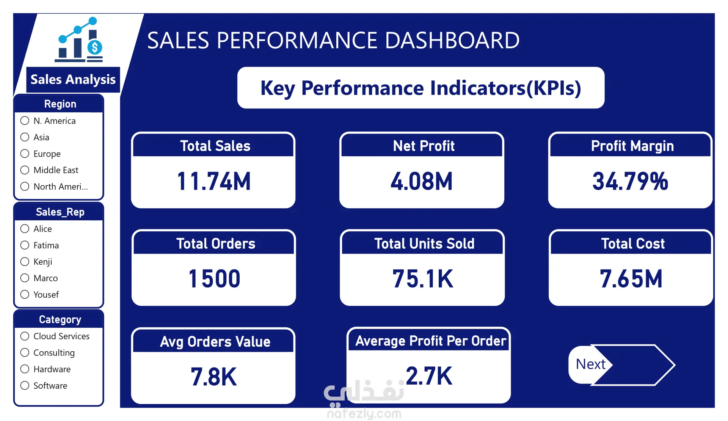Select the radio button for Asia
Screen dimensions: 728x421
(25, 137)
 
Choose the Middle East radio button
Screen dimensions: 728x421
(25, 170)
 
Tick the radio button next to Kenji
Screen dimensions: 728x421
(25, 261)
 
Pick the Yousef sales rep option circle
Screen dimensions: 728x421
(25, 294)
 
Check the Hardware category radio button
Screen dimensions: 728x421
(25, 369)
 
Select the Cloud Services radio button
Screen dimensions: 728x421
(25, 336)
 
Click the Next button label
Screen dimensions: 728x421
(590, 364)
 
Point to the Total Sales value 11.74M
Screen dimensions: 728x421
(214, 181)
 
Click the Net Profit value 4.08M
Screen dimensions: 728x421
(422, 181)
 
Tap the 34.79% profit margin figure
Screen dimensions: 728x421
(630, 181)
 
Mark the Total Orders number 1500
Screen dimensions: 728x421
(214, 278)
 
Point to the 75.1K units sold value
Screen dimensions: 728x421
(423, 278)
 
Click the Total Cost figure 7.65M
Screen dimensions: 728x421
(631, 278)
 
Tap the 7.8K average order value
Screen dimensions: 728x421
(214, 377)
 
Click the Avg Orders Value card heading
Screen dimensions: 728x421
(215, 342)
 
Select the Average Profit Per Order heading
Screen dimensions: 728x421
(431, 341)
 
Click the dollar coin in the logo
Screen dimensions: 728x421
(95, 47)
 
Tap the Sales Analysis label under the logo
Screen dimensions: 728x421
(73, 80)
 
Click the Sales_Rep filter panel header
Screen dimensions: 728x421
(60, 212)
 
